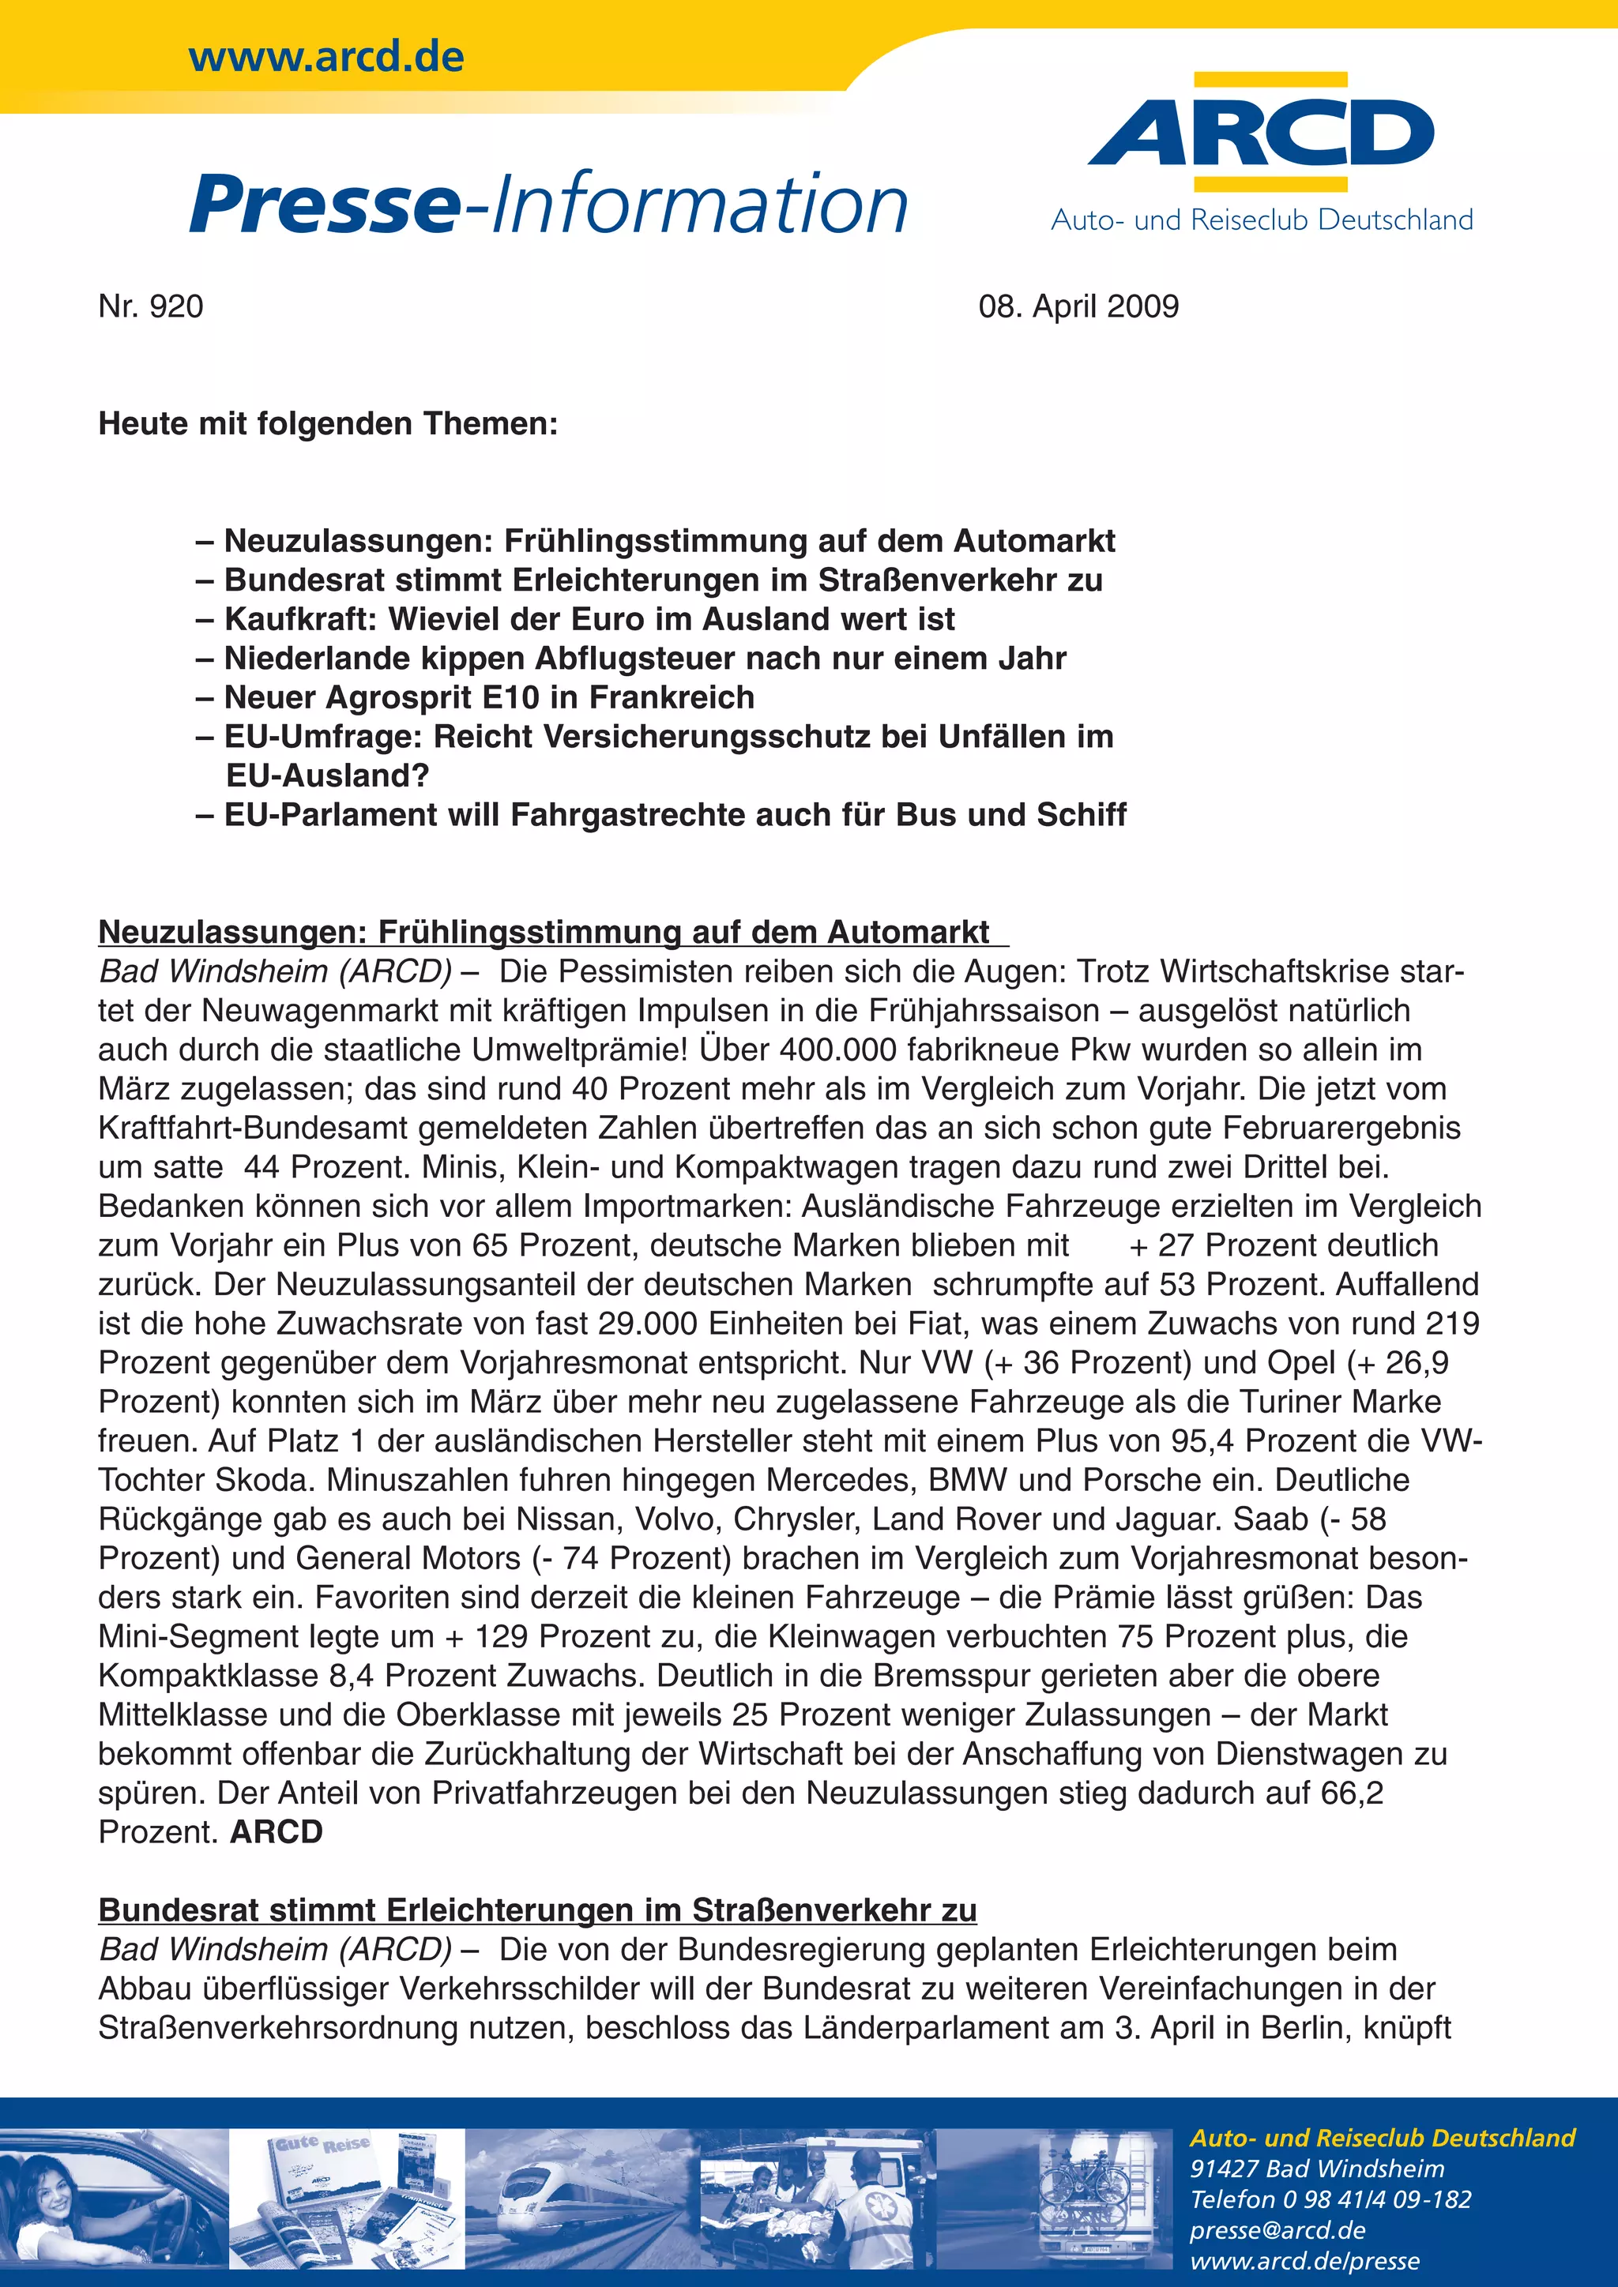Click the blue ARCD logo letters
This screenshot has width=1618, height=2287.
tap(1260, 133)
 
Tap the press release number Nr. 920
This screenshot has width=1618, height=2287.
tap(150, 306)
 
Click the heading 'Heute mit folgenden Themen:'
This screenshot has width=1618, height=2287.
tap(328, 424)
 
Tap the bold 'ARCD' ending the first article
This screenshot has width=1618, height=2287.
tap(276, 1833)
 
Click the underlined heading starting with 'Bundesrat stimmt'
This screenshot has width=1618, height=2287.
tap(537, 1910)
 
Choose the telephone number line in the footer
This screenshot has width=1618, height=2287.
tap(1330, 2199)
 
